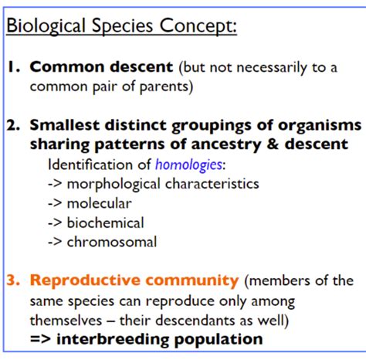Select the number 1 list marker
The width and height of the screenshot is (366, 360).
13,67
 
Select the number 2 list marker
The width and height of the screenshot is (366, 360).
15,126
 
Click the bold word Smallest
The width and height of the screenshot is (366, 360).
64,126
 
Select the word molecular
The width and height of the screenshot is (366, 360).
99,203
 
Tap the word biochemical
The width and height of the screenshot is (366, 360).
105,222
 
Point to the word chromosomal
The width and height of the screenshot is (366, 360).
112,242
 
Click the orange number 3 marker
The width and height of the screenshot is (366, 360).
15,280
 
